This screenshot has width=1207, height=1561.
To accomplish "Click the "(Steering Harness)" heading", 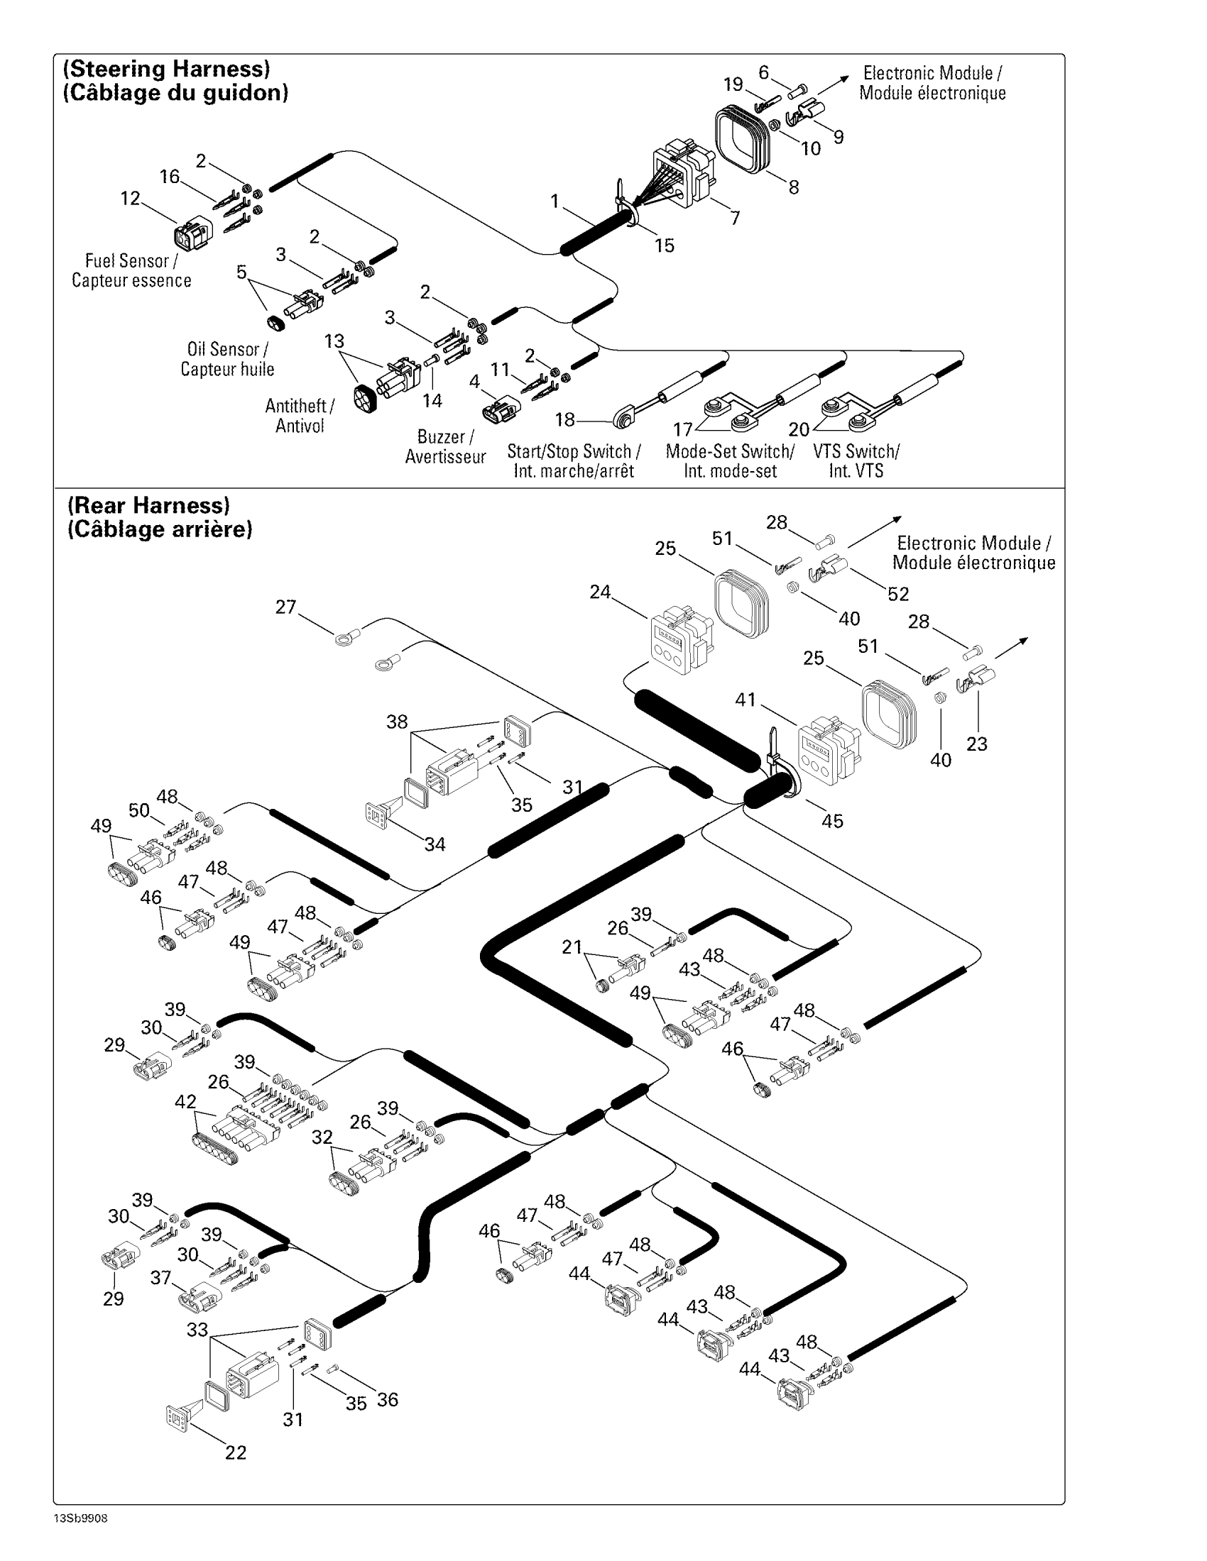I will click(x=167, y=70).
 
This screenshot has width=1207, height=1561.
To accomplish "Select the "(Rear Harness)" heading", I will click(x=148, y=505).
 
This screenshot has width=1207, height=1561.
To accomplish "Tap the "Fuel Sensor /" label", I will click(x=131, y=261).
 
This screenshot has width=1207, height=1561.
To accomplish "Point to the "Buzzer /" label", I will click(x=445, y=436).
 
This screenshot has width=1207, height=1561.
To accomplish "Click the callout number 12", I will click(x=130, y=198).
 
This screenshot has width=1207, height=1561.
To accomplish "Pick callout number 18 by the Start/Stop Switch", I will click(x=565, y=419).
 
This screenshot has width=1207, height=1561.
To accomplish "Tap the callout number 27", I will click(x=285, y=607).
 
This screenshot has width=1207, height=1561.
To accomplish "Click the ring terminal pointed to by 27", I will click(x=346, y=636).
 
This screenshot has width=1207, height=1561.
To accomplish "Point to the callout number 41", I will click(x=745, y=700).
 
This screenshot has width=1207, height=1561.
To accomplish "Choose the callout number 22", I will click(x=236, y=1452).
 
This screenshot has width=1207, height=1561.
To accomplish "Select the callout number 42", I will click(x=185, y=1101).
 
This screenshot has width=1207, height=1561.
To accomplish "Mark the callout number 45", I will click(x=832, y=820).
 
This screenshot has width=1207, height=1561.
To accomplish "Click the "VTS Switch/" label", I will click(x=856, y=452).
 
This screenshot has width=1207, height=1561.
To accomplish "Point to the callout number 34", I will click(x=435, y=844).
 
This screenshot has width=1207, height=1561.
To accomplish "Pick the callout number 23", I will click(x=977, y=744).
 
